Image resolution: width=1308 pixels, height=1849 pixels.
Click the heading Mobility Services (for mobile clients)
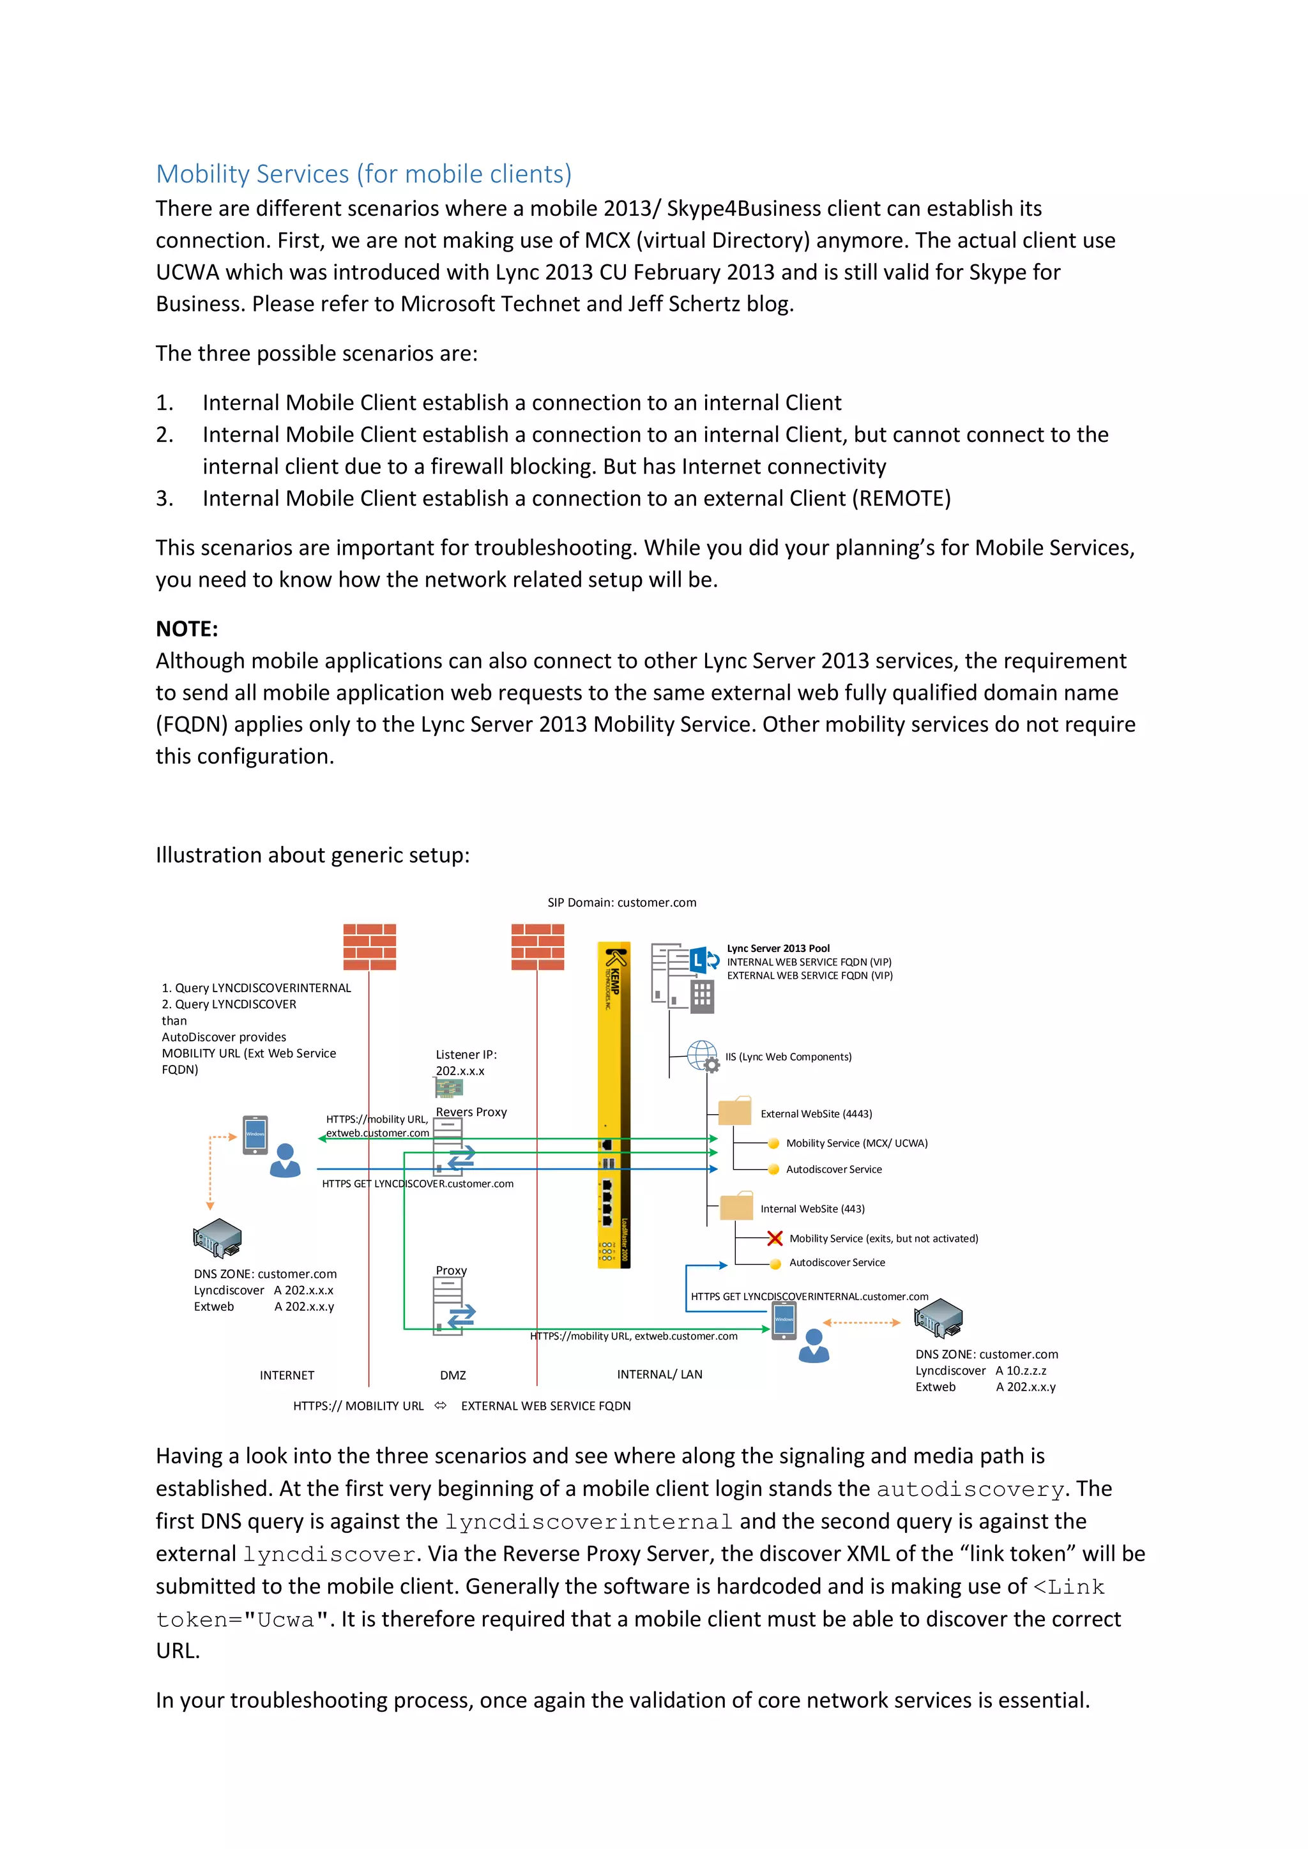pyautogui.click(x=363, y=174)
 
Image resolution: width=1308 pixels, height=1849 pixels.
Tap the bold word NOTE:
pyautogui.click(x=187, y=629)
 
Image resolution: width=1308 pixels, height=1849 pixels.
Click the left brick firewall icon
pyautogui.click(x=370, y=947)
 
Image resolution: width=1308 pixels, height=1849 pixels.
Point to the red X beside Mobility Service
pyautogui.click(x=775, y=1239)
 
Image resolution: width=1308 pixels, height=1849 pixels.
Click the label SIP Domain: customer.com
pyautogui.click(x=622, y=903)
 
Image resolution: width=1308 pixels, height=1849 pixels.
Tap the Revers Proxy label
pyautogui.click(x=471, y=1112)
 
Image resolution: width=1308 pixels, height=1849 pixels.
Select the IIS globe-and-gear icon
pyautogui.click(x=703, y=1056)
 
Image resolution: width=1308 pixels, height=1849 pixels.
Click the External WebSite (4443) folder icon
pyautogui.click(x=734, y=1112)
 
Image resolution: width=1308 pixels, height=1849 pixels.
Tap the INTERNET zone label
pyautogui.click(x=287, y=1375)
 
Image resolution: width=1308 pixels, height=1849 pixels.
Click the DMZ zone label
pyautogui.click(x=453, y=1375)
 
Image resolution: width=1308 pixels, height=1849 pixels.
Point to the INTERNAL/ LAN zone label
pyautogui.click(x=660, y=1375)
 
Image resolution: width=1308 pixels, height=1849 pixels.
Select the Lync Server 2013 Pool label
pyautogui.click(x=778, y=949)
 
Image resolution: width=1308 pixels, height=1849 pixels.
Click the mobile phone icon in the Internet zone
pyautogui.click(x=255, y=1135)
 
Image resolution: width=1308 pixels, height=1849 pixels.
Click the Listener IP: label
pyautogui.click(x=466, y=1055)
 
